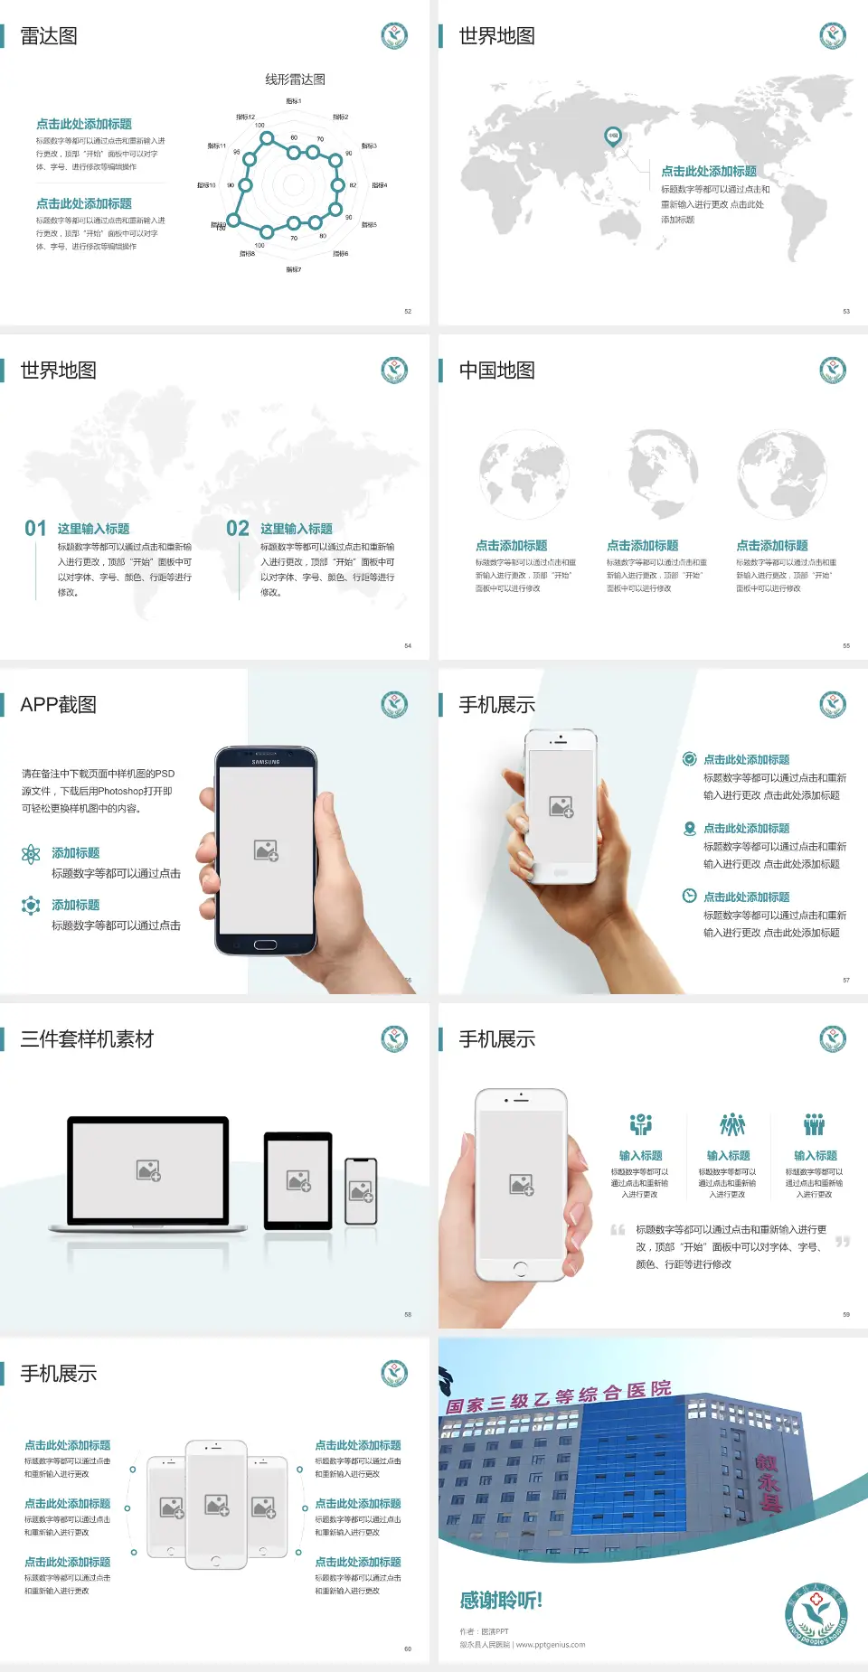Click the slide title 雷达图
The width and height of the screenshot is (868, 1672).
pos(49,36)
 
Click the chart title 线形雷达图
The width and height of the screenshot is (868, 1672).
pos(295,80)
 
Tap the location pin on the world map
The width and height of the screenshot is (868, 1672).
pos(612,136)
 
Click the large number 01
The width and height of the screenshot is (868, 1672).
pos(35,529)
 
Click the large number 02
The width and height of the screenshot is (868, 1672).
pos(238,529)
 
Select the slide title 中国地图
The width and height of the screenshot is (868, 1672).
pos(496,371)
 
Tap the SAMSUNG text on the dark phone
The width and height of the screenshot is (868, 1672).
pos(265,762)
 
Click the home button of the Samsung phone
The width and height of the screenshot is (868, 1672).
pos(265,944)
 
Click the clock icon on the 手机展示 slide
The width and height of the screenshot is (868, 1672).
pos(689,896)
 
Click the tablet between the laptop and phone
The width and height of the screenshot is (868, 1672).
pos(298,1180)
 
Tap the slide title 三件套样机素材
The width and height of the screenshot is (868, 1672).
pos(87,1039)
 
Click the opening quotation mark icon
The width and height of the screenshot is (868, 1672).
pos(618,1230)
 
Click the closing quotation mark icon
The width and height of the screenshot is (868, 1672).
pos(843,1242)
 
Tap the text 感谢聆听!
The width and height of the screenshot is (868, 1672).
pos(501,1601)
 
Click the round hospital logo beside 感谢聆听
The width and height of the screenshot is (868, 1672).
pos(816,1615)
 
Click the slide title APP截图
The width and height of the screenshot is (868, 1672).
pos(58,705)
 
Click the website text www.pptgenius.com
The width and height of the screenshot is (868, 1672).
pos(551,1645)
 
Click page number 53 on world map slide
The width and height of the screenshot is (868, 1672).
pos(846,311)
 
